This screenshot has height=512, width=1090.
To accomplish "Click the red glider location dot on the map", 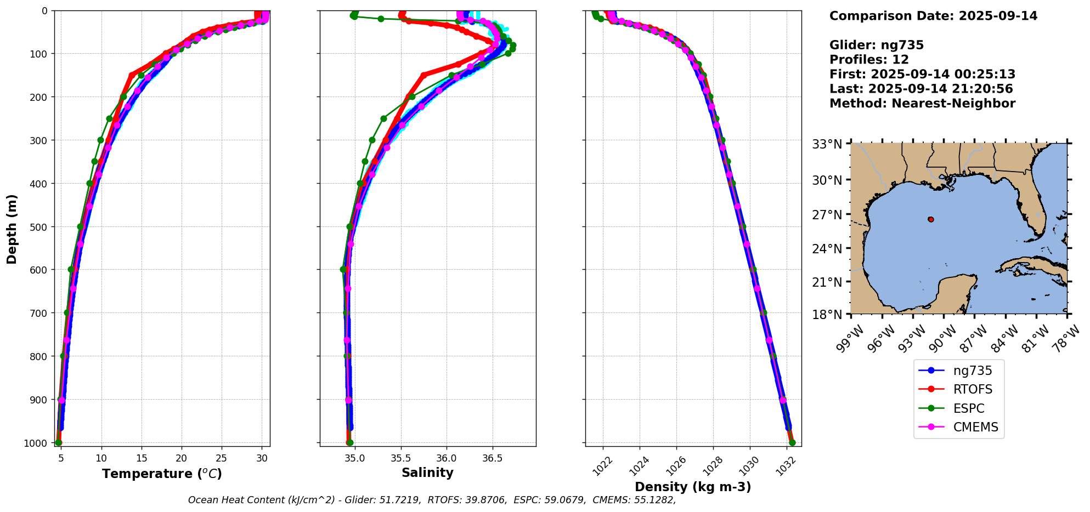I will pos(931,219).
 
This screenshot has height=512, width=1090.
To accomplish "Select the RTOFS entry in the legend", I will pos(973,390).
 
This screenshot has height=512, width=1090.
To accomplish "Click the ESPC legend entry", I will pos(968,408).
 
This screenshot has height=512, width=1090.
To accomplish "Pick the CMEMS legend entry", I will pos(975,428).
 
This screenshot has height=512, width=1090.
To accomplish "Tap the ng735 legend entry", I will pos(972,371).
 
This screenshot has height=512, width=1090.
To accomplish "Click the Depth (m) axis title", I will pos(12,229).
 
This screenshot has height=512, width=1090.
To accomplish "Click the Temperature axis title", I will pos(162,474).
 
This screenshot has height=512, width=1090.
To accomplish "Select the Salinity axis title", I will pos(427,473).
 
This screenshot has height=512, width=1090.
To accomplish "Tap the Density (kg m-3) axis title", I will pos(693,487).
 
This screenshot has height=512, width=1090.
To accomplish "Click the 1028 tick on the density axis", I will pos(711,464).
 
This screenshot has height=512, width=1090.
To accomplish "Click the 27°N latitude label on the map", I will pos(827,214).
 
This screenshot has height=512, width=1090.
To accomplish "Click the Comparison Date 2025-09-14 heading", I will pos(933,16).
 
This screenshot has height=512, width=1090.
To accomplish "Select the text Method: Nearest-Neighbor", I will pos(922,104).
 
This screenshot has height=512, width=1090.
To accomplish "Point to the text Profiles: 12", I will pos(869,60).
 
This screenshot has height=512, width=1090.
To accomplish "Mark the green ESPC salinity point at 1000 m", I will pos(350,442).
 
